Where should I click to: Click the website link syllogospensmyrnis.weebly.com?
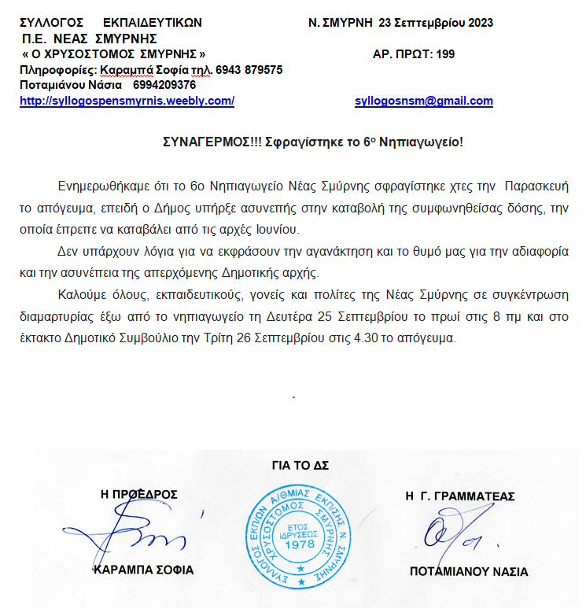[127, 101]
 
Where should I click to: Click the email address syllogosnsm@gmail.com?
[424, 101]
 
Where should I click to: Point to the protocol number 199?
[445, 54]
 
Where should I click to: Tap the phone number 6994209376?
[164, 85]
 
